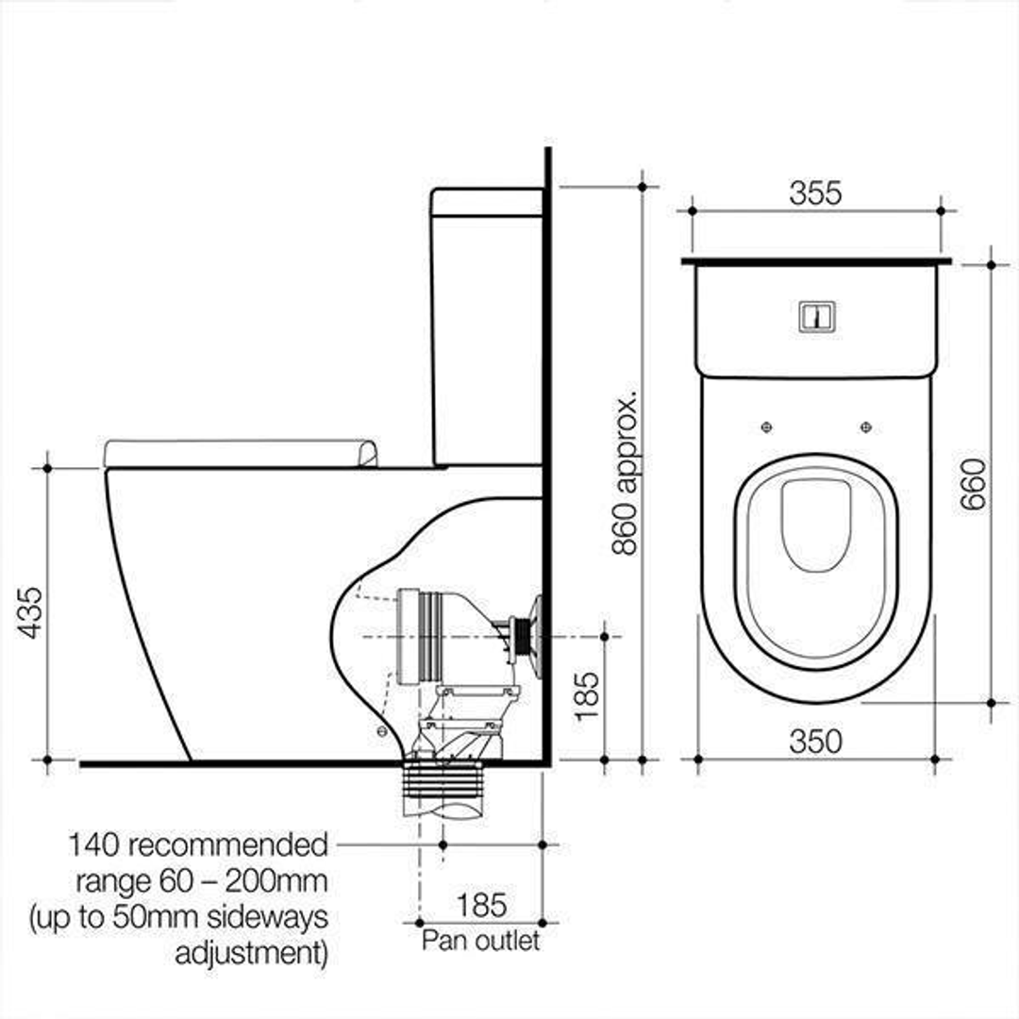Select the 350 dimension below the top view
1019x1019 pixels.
815,742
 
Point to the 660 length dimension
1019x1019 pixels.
973,483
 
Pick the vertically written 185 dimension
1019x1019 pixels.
587,696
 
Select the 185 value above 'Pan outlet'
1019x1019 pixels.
481,906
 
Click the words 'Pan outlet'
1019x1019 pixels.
481,941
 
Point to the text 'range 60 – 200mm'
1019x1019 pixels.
202,882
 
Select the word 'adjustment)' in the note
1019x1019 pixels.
252,952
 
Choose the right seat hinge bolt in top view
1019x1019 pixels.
866,427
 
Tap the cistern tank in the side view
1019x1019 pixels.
486,326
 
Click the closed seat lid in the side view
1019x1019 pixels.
241,453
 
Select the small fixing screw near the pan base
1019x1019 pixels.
381,731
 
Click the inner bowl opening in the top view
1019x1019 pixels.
816,524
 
